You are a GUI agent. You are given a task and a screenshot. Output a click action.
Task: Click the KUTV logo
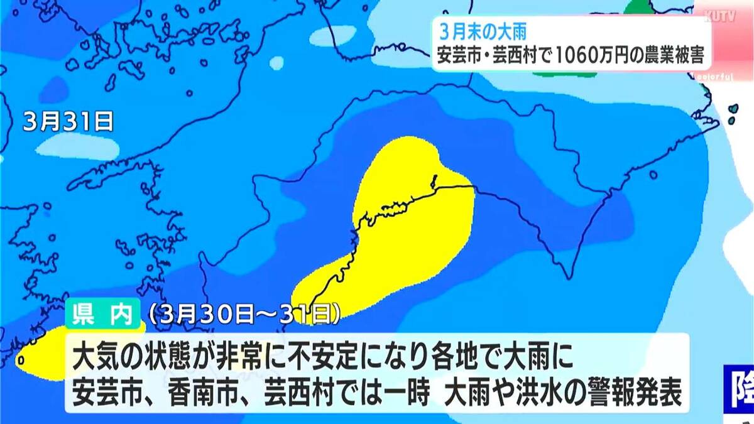click(723, 16)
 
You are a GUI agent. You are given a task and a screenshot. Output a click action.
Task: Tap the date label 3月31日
click(68, 121)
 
